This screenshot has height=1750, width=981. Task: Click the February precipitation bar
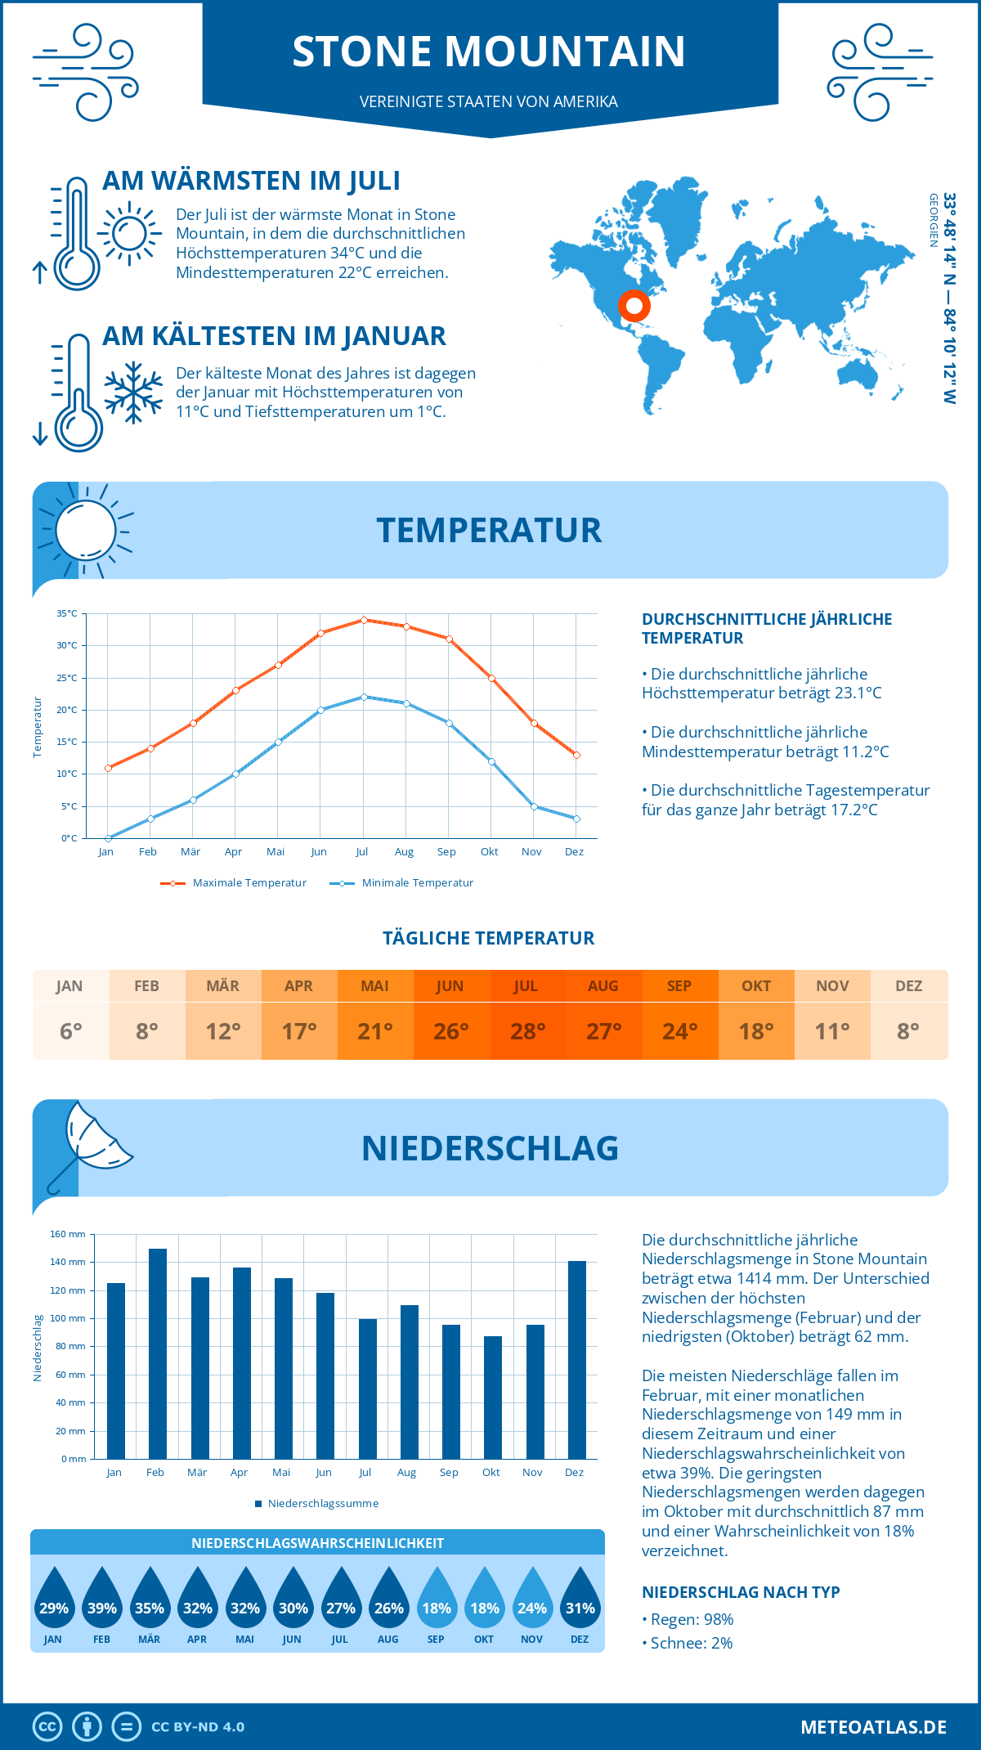(158, 1353)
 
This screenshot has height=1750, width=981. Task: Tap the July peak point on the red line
(364, 620)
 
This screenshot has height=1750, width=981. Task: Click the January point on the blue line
(108, 838)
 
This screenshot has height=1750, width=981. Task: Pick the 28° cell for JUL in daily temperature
(527, 1031)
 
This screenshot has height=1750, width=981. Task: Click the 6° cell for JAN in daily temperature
(71, 1031)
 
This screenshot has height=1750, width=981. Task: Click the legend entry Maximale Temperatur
(234, 883)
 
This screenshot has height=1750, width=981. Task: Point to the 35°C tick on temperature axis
(67, 613)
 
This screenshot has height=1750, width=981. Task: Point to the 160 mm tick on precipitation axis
(69, 1234)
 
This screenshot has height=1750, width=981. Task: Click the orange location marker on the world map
(634, 306)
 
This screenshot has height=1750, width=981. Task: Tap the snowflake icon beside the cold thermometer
(133, 393)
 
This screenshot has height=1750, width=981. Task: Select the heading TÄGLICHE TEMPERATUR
(489, 938)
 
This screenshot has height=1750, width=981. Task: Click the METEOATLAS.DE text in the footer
(873, 1727)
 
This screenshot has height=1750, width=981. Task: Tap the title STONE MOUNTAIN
(489, 51)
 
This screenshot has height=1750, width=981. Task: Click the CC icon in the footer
(47, 1727)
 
